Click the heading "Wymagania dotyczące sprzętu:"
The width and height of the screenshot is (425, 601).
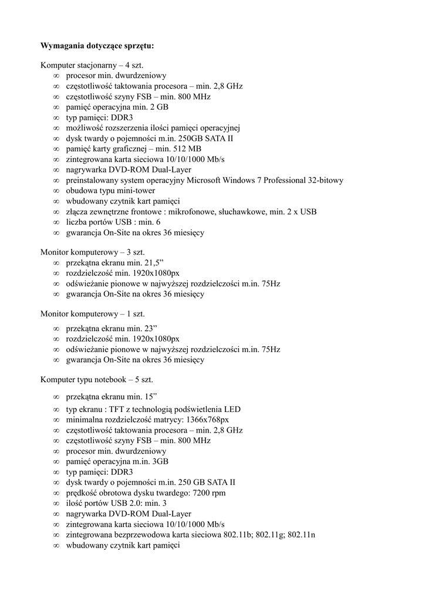tap(97, 46)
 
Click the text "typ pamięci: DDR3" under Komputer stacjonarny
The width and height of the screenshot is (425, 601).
tap(99, 118)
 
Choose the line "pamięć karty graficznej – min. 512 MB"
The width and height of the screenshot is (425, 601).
tap(134, 149)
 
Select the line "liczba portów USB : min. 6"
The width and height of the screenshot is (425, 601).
tap(113, 222)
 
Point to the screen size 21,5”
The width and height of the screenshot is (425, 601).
tap(151, 262)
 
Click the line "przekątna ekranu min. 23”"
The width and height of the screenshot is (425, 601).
tap(110, 329)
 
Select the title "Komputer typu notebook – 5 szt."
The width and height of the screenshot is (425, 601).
tap(97, 380)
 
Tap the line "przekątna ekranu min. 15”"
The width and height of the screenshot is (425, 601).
tap(110, 396)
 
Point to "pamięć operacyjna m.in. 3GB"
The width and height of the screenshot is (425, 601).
tap(117, 462)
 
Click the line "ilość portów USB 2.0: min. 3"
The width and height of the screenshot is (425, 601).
tap(116, 504)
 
